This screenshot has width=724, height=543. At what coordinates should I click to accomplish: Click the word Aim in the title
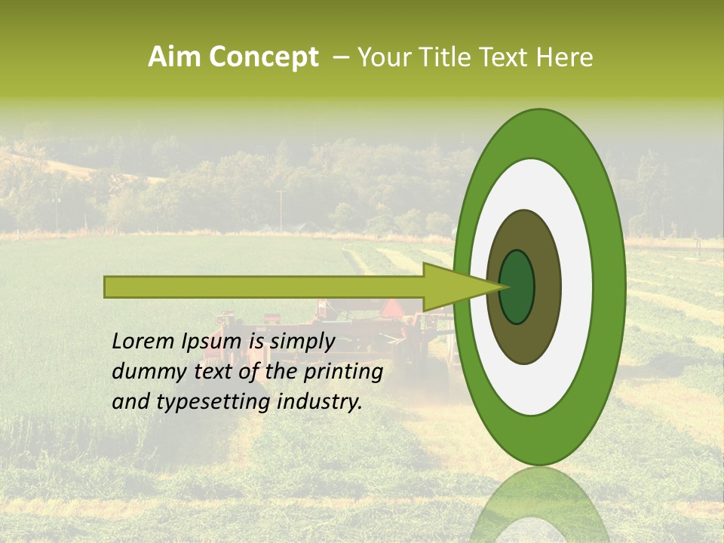pos(175,57)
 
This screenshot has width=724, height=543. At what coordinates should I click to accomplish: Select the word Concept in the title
pos(263,57)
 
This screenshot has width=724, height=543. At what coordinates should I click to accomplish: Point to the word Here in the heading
pos(564,57)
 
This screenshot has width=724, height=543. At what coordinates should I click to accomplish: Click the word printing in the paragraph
pos(342,372)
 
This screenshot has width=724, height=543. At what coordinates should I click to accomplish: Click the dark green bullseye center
pos(517,287)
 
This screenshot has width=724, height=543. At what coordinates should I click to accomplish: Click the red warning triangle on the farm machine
pos(392,308)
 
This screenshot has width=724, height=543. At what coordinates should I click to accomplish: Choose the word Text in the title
pos(508,57)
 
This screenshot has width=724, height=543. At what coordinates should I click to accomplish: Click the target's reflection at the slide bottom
pos(538,505)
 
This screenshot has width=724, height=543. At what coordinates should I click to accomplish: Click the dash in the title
pos(341,57)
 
